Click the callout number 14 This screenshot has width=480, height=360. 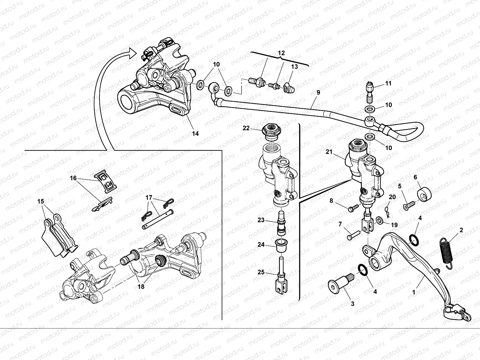pyautogui.click(x=195, y=134)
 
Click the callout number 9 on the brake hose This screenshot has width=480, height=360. pyautogui.click(x=318, y=93)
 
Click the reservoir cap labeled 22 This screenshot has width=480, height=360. pyautogui.click(x=271, y=132)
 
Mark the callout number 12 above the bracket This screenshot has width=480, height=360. pyautogui.click(x=281, y=53)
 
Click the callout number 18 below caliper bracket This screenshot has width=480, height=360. pyautogui.click(x=141, y=287)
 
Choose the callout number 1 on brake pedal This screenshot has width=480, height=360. pyautogui.click(x=414, y=291)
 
